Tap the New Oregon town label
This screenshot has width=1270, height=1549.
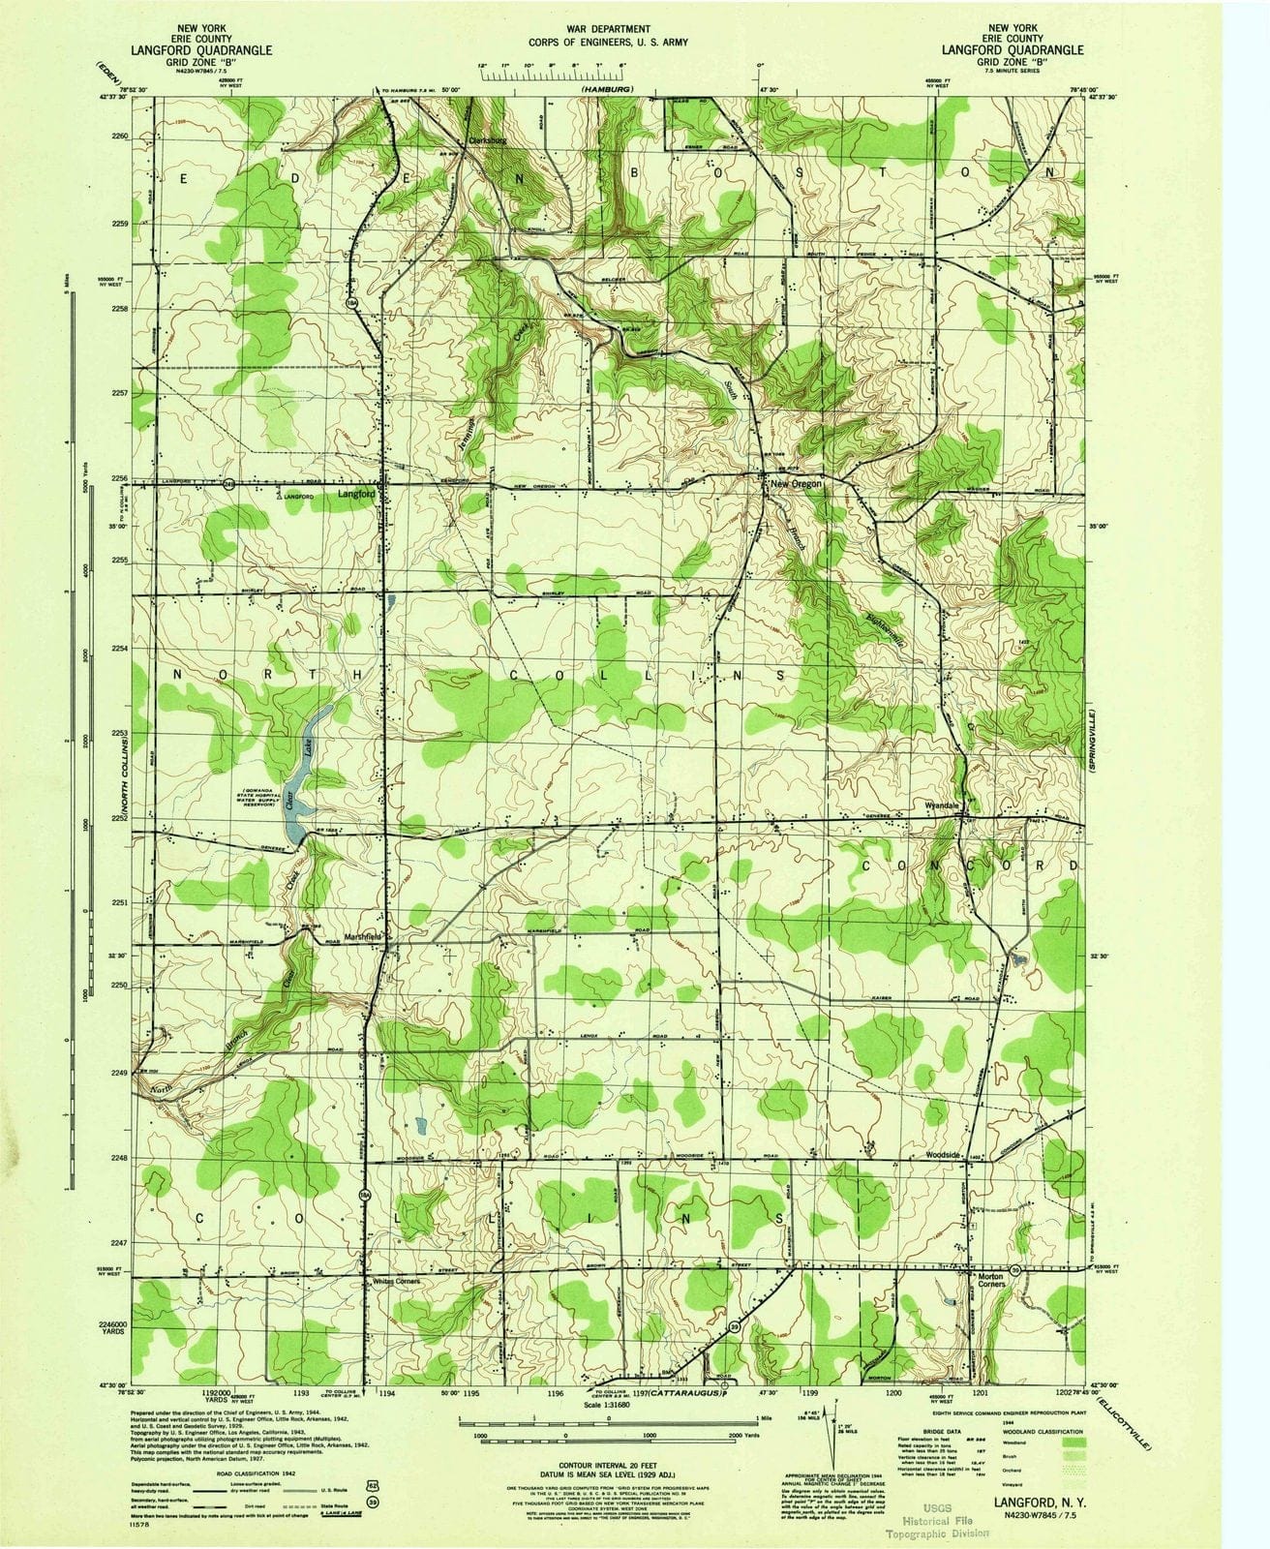click(x=796, y=483)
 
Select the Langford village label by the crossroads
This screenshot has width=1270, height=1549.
click(x=356, y=494)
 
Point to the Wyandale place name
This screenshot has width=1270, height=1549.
click(x=942, y=805)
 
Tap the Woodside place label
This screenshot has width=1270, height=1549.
click(x=941, y=1156)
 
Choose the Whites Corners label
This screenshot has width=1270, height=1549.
click(x=397, y=1281)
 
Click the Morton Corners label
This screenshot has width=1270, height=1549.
click(x=990, y=1282)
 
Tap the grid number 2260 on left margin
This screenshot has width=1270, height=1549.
click(x=121, y=137)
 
